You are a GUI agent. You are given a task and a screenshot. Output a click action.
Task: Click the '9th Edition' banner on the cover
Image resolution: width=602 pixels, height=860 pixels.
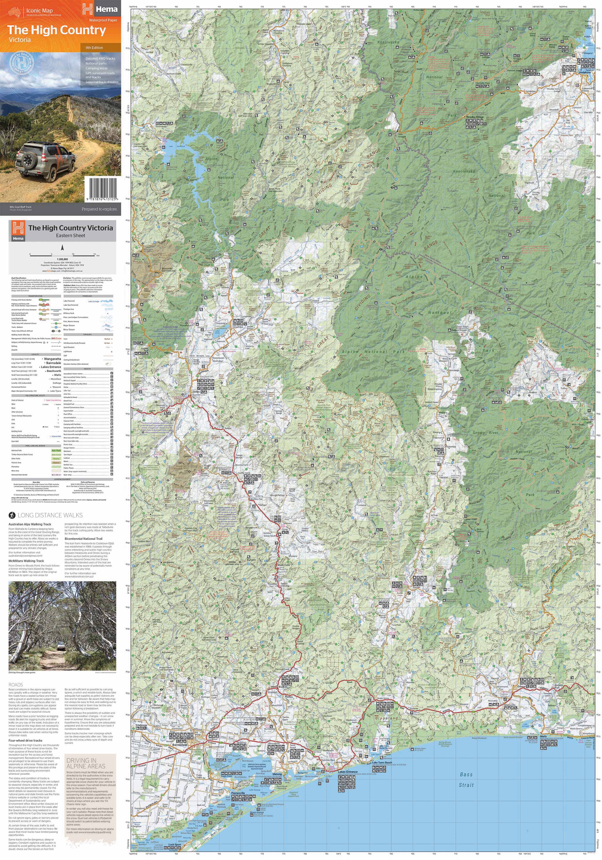(94, 48)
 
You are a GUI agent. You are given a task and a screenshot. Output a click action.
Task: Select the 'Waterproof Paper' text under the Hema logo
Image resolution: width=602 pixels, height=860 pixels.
(103, 20)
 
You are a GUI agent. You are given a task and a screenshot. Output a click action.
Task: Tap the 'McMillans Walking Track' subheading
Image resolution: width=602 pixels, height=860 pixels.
(26, 561)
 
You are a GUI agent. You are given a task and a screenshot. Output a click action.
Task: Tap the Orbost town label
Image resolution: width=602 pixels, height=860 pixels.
(522, 687)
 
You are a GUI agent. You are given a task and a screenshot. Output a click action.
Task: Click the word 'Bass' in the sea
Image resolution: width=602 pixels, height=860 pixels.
(466, 775)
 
